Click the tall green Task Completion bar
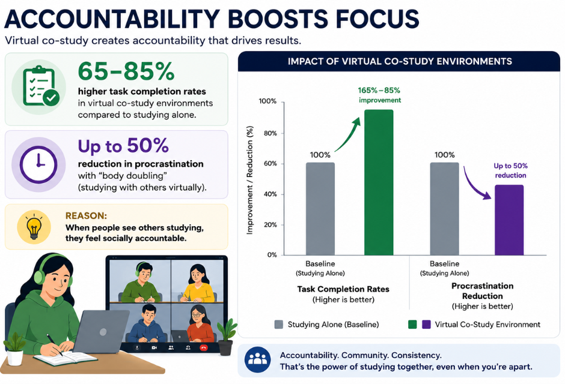[x=379, y=182]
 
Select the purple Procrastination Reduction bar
[x=508, y=220]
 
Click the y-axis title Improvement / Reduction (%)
[x=249, y=180]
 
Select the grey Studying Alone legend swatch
[x=278, y=325]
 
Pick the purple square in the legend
[x=426, y=325]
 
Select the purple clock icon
[x=38, y=164]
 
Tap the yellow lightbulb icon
[x=34, y=227]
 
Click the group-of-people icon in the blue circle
[x=258, y=359]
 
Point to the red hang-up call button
[x=204, y=347]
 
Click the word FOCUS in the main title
[x=377, y=19]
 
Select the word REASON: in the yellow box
[x=86, y=216]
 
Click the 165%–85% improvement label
[x=379, y=95]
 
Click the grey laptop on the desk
[x=101, y=331]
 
